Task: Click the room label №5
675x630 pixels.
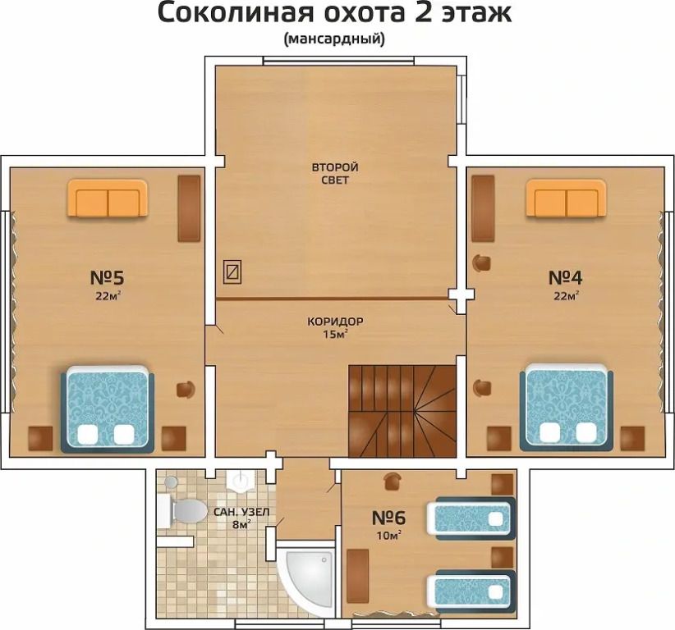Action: [x=108, y=277]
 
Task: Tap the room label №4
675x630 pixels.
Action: [x=566, y=277]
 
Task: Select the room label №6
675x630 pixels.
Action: [x=388, y=518]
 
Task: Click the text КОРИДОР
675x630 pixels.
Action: [x=335, y=322]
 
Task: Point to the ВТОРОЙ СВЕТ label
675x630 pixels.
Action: [x=335, y=173]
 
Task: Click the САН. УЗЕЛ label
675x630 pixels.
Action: [x=241, y=512]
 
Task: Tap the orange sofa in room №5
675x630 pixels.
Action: [x=108, y=199]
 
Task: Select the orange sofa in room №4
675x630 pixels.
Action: [x=566, y=199]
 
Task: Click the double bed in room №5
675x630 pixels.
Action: [x=108, y=409]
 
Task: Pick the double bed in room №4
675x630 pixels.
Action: [x=567, y=408]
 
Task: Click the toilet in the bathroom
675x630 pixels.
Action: [x=182, y=510]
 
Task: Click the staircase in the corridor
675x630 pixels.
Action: [x=402, y=412]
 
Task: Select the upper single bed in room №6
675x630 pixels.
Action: [x=471, y=518]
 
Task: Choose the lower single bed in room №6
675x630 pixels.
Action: [x=471, y=591]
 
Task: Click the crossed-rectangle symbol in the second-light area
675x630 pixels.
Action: [x=232, y=272]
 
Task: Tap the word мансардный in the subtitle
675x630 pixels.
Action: [x=334, y=39]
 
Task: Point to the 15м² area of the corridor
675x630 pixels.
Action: [x=335, y=335]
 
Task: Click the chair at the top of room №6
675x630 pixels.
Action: [x=393, y=481]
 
